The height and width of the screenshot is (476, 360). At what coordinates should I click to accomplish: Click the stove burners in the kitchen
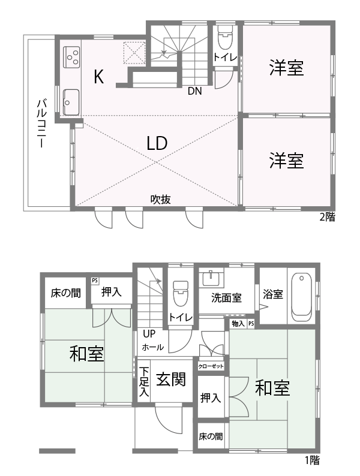pos(71,57)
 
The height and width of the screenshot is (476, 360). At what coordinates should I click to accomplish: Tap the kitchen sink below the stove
pos(71,103)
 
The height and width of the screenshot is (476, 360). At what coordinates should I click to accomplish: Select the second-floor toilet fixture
pos(225,37)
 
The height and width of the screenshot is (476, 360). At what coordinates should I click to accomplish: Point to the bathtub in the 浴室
pos(301,297)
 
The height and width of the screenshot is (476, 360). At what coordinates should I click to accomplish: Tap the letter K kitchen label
pos(99,77)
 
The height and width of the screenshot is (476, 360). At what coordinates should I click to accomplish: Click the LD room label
pos(157,143)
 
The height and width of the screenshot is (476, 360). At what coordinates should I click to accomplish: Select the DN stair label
pos(194,91)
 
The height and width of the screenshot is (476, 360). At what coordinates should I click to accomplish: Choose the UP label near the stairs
pos(149,335)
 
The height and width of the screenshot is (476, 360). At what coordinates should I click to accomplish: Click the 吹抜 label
pos(161,200)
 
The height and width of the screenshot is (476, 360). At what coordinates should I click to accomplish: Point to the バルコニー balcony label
pos(41,123)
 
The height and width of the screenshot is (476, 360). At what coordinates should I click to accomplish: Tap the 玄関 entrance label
pos(171,379)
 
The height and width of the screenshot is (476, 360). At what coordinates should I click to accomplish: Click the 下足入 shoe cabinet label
pos(145,381)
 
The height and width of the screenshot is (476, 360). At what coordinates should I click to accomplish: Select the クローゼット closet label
pos(211,366)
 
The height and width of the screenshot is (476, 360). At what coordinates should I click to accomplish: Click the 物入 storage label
pos(238,324)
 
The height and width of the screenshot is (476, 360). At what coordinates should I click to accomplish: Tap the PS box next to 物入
pos(251,324)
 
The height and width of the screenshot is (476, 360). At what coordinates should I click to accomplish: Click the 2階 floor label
pos(327,217)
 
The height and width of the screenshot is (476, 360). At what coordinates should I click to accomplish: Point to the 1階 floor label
pos(313,460)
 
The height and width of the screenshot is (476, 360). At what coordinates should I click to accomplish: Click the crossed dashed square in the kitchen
pos(134,53)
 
